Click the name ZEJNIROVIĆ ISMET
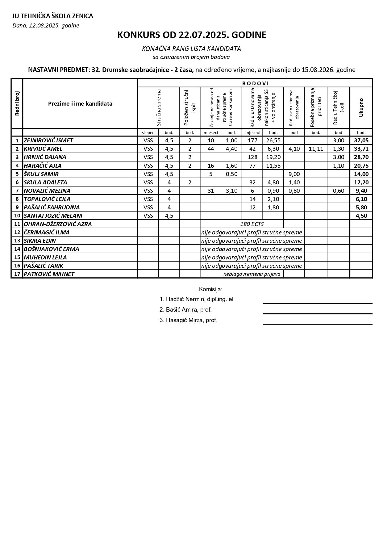(x=48, y=140)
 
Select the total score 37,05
(x=361, y=140)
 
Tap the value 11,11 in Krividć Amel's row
(x=316, y=149)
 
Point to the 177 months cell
(x=252, y=140)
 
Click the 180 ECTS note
(x=252, y=224)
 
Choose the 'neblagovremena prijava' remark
(x=252, y=274)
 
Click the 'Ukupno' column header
(x=361, y=107)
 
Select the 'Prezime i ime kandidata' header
(x=80, y=103)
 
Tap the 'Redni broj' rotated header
(x=17, y=103)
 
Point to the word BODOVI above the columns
(x=255, y=83)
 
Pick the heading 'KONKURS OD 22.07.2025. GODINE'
(x=191, y=35)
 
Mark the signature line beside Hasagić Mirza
(x=317, y=324)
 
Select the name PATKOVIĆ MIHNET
(x=49, y=274)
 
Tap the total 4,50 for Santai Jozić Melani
(x=361, y=216)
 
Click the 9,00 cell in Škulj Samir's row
(x=294, y=174)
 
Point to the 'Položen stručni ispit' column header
(x=190, y=107)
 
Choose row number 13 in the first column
(x=17, y=241)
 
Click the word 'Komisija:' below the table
(x=211, y=289)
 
